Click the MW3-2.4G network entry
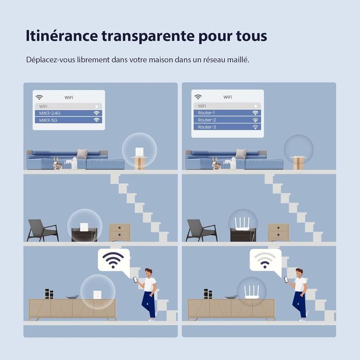tap(68, 113)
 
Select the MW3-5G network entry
tap(68, 120)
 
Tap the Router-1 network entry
tap(227, 113)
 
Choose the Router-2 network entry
tap(227, 120)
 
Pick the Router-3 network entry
tap(227, 127)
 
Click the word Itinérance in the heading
tap(62, 36)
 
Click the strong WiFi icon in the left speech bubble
tap(113, 260)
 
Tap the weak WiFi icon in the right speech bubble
tap(265, 260)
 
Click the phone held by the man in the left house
tap(135, 280)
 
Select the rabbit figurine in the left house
tap(57, 163)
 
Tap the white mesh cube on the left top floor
tap(139, 152)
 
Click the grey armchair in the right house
tap(202, 230)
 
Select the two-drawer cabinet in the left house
tap(120, 232)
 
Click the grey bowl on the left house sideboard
tap(73, 297)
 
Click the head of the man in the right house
tap(299, 273)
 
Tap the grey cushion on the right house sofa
tap(241, 154)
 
